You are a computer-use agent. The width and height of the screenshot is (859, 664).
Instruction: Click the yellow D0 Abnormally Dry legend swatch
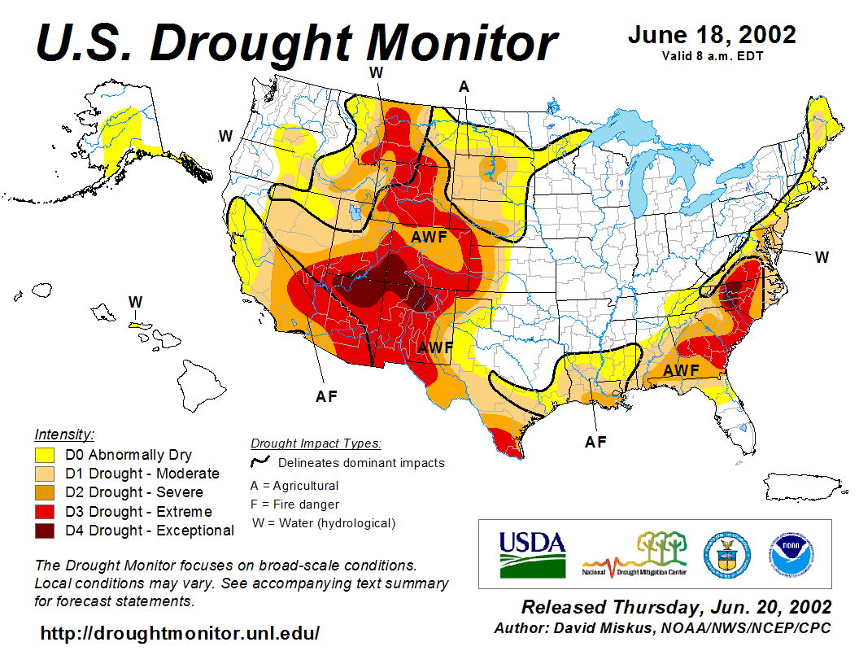(44, 454)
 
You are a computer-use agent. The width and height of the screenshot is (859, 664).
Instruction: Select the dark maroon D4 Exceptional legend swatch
(44, 531)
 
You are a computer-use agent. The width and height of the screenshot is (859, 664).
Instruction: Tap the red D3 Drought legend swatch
(44, 512)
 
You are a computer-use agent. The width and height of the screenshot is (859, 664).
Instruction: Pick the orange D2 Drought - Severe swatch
(44, 492)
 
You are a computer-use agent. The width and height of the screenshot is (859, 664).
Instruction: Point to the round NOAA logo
(789, 553)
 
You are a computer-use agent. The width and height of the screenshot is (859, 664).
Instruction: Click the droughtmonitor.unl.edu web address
(180, 632)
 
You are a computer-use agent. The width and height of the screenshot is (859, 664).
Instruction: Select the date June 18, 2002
(712, 35)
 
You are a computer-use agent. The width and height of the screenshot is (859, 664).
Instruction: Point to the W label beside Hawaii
(135, 302)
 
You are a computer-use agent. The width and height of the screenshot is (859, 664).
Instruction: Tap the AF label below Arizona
(326, 397)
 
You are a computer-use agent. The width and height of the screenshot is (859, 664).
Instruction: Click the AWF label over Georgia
(681, 370)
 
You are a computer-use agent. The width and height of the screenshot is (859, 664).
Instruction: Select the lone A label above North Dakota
(464, 86)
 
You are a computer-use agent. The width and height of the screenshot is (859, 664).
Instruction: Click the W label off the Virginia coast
(822, 257)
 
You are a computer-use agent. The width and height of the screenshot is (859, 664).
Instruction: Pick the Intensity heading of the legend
(64, 434)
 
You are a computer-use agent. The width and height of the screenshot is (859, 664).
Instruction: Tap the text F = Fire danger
(295, 505)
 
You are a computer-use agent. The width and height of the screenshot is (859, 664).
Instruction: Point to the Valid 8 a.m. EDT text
(712, 56)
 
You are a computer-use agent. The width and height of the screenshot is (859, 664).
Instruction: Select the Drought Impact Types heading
(316, 443)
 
